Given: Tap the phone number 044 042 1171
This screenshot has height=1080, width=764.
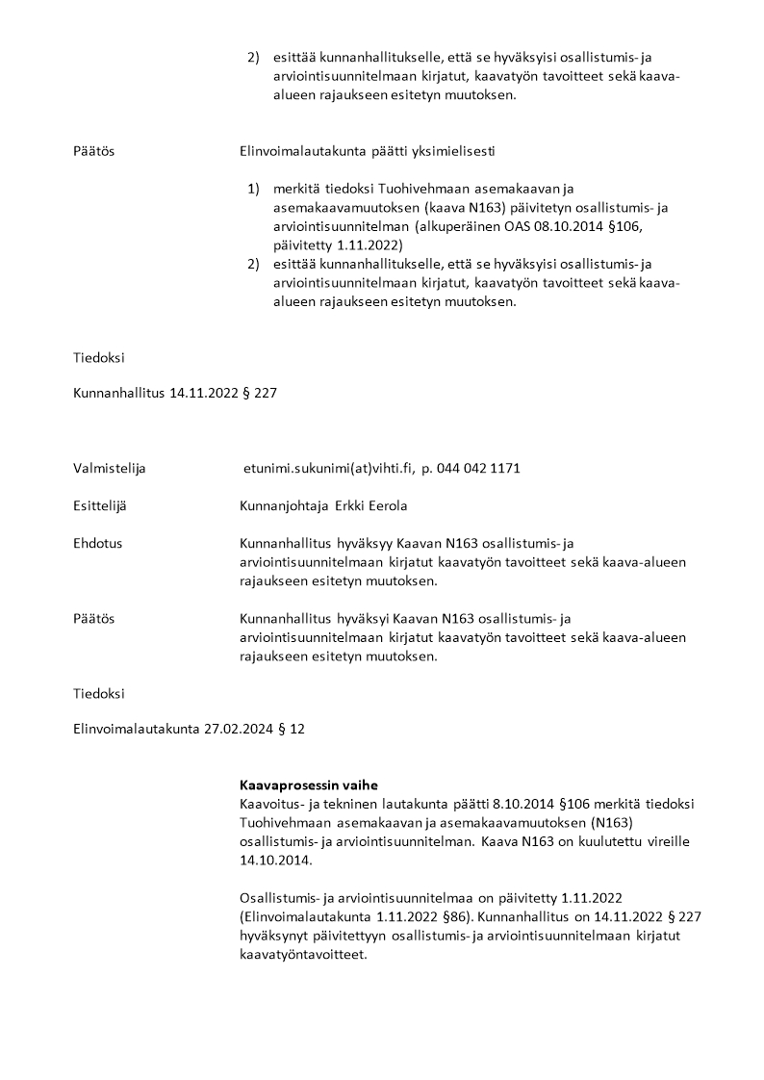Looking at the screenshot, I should [479, 469].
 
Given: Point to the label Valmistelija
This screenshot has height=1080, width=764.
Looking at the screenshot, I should [109, 469].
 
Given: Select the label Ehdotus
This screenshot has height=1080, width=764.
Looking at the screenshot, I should [97, 543].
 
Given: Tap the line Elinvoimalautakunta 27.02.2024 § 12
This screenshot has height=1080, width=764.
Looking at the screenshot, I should [189, 730].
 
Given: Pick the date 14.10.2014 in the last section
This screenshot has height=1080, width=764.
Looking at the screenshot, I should [271, 860].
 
